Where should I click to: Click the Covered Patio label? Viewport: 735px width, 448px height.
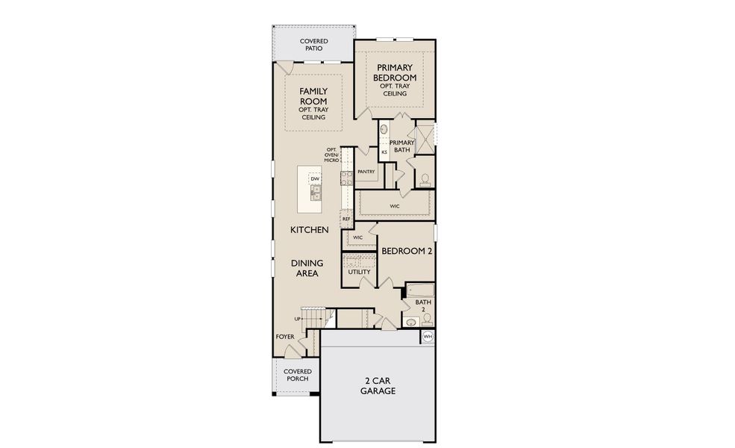(313, 45)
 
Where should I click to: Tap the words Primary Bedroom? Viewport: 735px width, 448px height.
(395, 72)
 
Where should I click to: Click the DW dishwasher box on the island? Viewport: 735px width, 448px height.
(315, 179)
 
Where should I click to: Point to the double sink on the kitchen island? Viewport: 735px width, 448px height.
(315, 193)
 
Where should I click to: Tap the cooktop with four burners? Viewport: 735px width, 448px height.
(346, 178)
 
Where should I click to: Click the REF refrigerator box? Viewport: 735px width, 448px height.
(346, 219)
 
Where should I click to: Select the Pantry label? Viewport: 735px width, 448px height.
(366, 172)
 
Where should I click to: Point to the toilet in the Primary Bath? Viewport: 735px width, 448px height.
(425, 179)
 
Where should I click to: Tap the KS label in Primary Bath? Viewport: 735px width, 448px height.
(384, 152)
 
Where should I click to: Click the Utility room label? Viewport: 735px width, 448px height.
(360, 273)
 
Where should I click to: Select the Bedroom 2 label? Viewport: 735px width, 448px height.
(407, 252)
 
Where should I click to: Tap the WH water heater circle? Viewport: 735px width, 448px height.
(428, 337)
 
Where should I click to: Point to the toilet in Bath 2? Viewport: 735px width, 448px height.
(426, 320)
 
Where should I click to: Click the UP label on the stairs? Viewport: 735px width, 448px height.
(299, 319)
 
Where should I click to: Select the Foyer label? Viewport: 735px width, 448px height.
(284, 337)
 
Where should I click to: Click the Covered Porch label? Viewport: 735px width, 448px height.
(297, 375)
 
